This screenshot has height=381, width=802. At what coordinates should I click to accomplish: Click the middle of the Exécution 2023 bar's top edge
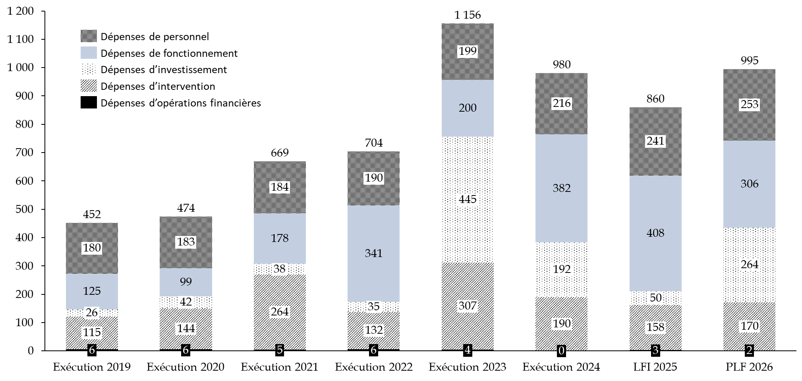[x=468, y=24]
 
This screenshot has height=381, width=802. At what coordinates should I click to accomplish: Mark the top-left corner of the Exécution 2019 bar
[x=66, y=223]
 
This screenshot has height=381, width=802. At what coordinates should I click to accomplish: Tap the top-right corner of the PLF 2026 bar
[x=775, y=70]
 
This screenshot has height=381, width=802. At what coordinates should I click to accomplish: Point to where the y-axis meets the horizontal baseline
[x=45, y=350]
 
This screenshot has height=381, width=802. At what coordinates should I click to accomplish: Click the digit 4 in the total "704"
[x=380, y=143]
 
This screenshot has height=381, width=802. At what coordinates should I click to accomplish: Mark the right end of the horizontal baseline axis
[x=796, y=350]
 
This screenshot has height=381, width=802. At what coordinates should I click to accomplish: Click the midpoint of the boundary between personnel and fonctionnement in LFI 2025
[x=655, y=176]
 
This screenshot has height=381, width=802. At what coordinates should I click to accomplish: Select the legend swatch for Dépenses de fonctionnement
[x=89, y=53]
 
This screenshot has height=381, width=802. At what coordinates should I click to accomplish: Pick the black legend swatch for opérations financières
[x=89, y=103]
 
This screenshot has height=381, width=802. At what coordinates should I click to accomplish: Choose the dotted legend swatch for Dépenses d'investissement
[x=89, y=70]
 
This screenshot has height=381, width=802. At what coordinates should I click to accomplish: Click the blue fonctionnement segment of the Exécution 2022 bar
[x=373, y=253]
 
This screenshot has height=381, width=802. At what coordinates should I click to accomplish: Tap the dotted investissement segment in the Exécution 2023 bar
[x=468, y=199]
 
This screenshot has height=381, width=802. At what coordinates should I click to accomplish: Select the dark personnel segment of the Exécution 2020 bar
[x=186, y=242]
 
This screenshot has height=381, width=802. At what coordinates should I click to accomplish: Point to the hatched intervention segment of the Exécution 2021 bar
[x=280, y=312]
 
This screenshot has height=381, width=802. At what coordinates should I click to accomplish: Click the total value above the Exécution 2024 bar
[x=562, y=64]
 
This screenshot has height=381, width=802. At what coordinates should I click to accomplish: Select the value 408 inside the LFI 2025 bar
[x=655, y=233]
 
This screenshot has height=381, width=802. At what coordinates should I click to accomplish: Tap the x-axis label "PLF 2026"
[x=749, y=367]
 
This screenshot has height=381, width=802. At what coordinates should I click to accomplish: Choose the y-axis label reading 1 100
[x=21, y=39]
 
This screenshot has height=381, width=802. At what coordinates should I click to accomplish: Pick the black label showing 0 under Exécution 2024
[x=561, y=350]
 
